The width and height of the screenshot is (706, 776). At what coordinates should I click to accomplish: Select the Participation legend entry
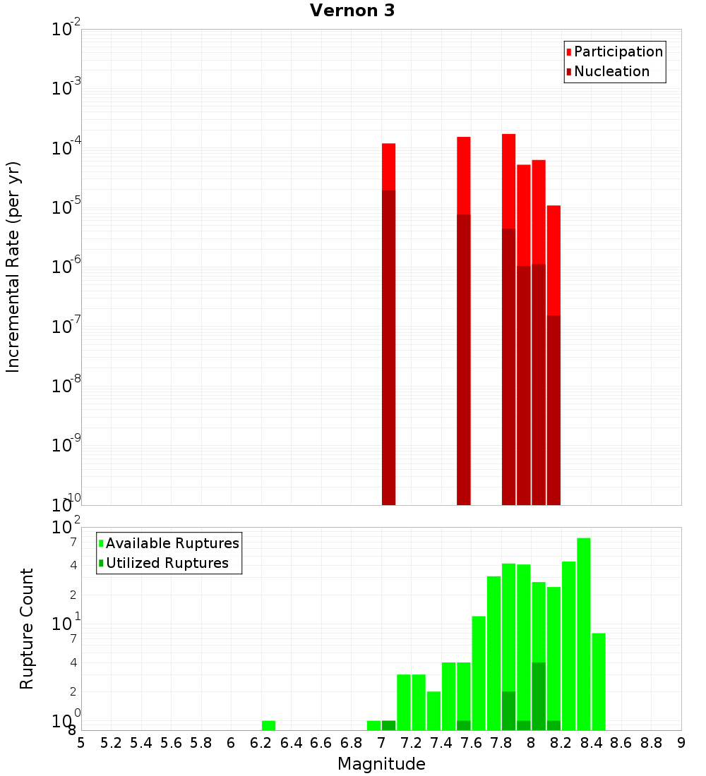coord(618,51)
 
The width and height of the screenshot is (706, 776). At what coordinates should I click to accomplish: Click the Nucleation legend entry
coord(611,71)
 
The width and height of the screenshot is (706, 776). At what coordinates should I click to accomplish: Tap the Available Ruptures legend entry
coord(172,543)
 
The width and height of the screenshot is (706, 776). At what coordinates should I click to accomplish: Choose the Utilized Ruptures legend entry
coord(167,563)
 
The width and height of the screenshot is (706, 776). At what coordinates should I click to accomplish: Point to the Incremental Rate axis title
coord(13,267)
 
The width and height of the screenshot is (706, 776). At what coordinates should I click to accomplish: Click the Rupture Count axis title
coord(27,629)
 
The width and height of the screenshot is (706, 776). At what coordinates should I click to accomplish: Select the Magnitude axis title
coord(381,764)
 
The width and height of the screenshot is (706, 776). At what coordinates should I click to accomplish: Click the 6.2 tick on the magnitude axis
coord(261,743)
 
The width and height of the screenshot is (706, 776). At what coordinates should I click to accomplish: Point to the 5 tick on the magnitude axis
coord(81,743)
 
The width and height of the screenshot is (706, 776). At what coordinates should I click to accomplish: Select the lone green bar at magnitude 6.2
coord(268,725)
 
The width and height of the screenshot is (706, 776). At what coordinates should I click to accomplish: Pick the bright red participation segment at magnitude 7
coord(388,166)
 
